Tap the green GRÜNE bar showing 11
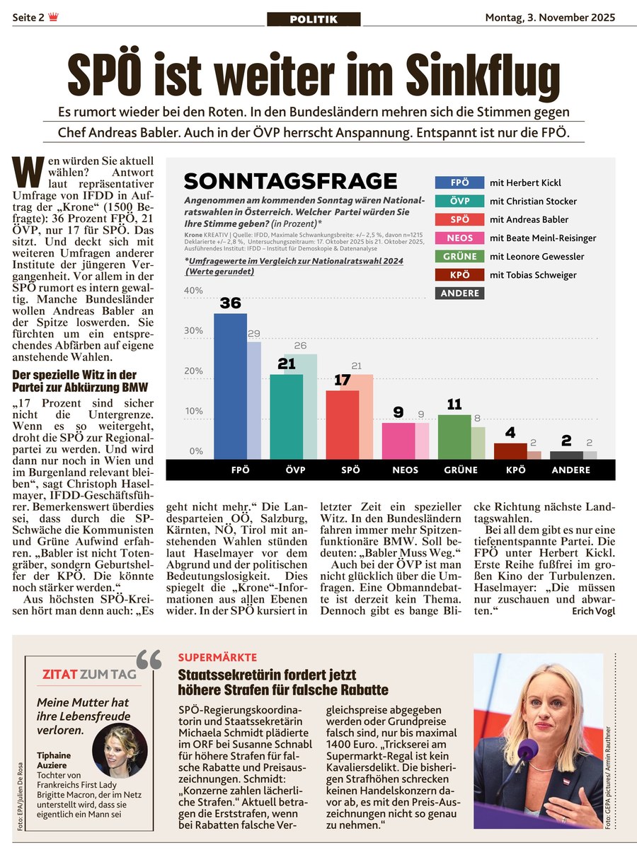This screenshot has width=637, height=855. pos(454,436)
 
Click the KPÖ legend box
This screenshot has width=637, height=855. pos(459,275)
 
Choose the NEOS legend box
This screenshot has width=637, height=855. pos(459,238)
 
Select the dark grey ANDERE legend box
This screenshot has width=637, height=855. pos(459,293)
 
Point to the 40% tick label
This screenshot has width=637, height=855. pos(193,291)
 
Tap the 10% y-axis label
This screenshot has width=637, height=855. pos(193,412)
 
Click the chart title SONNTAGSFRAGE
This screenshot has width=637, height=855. pos(290,181)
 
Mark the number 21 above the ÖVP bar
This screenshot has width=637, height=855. pos(286,363)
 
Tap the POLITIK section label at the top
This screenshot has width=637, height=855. pos(314,19)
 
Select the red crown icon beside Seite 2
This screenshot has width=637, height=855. pos(54,18)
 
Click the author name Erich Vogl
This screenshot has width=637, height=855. pos(592,611)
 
